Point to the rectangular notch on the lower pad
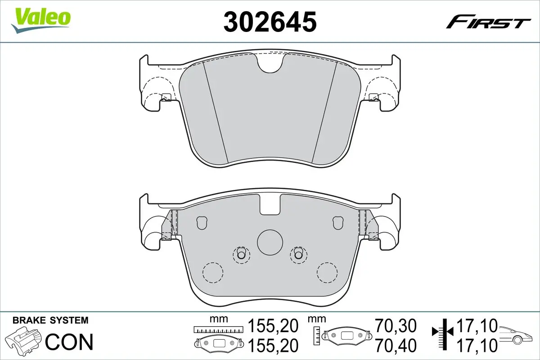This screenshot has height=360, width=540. tap(270, 205)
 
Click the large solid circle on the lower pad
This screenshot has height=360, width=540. tap(270, 243)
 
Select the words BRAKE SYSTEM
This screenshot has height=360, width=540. tap(50, 320)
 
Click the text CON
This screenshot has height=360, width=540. tap(69, 342)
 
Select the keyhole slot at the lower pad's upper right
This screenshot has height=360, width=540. tap(337, 222)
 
